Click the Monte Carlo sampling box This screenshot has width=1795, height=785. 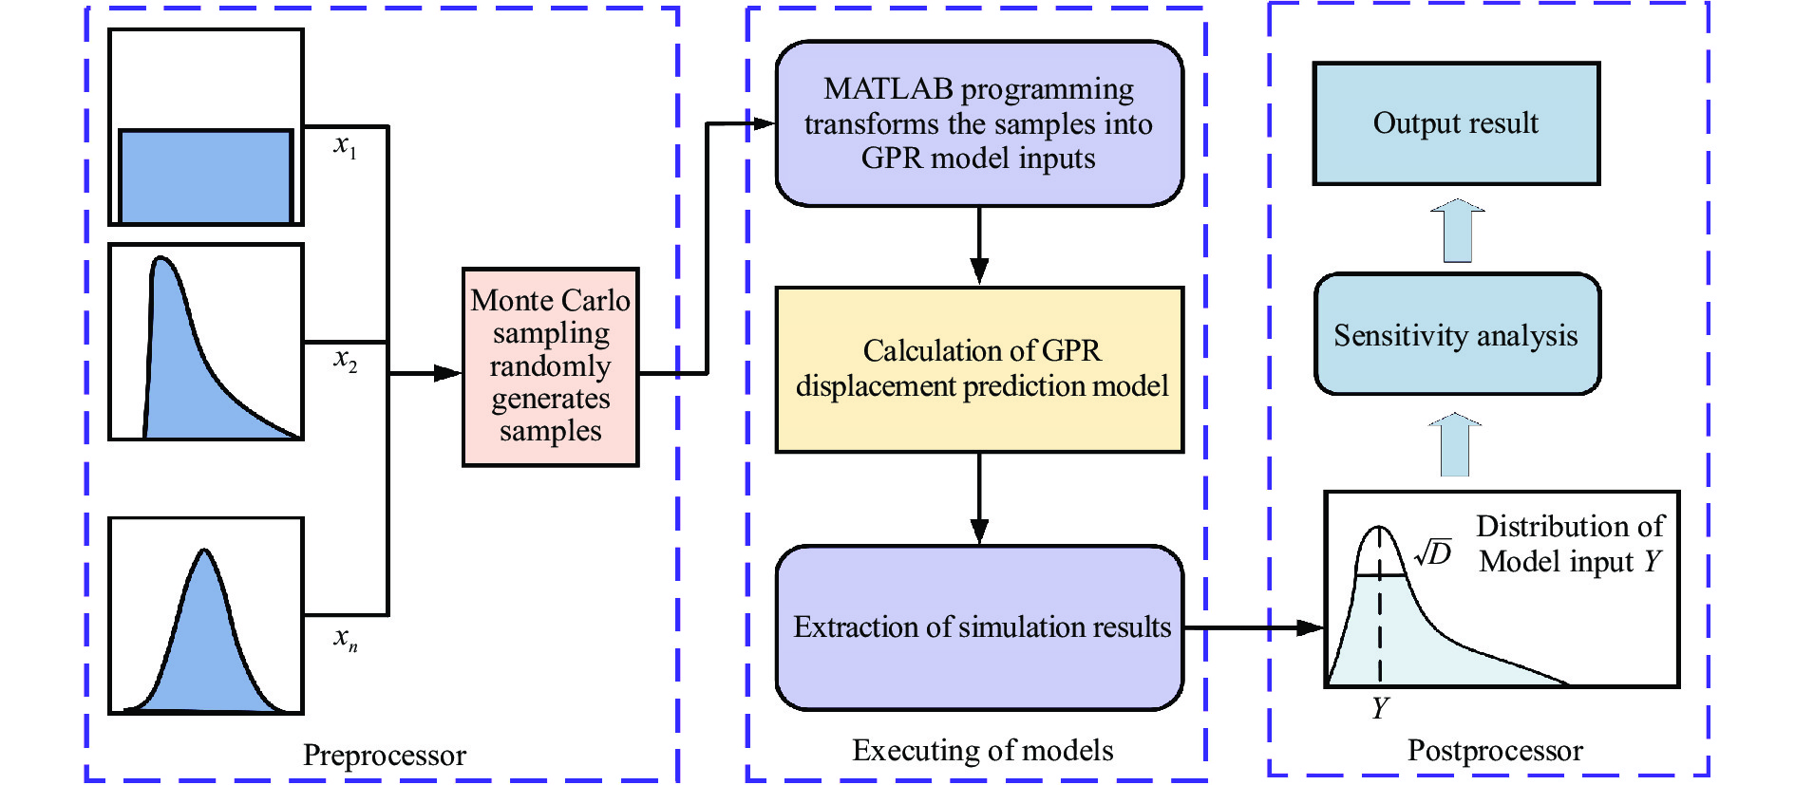(550, 366)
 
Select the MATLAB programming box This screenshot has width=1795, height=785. (979, 123)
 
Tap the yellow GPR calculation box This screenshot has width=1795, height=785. (979, 369)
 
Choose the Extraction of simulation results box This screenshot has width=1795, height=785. (979, 627)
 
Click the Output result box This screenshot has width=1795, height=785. (1456, 123)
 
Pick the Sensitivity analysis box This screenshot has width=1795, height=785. (1456, 335)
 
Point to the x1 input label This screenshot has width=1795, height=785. (345, 145)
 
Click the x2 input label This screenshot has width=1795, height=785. (345, 359)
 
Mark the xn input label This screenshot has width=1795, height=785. (345, 638)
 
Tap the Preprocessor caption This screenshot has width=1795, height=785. (384, 756)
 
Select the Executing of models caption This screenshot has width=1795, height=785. (982, 751)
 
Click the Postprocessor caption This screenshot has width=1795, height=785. (1495, 751)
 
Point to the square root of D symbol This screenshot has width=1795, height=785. (1433, 552)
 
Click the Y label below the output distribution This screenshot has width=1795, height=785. (1380, 708)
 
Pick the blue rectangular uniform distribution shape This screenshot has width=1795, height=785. (205, 177)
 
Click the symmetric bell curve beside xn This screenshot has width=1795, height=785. (205, 636)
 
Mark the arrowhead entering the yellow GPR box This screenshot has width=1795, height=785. (979, 271)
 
